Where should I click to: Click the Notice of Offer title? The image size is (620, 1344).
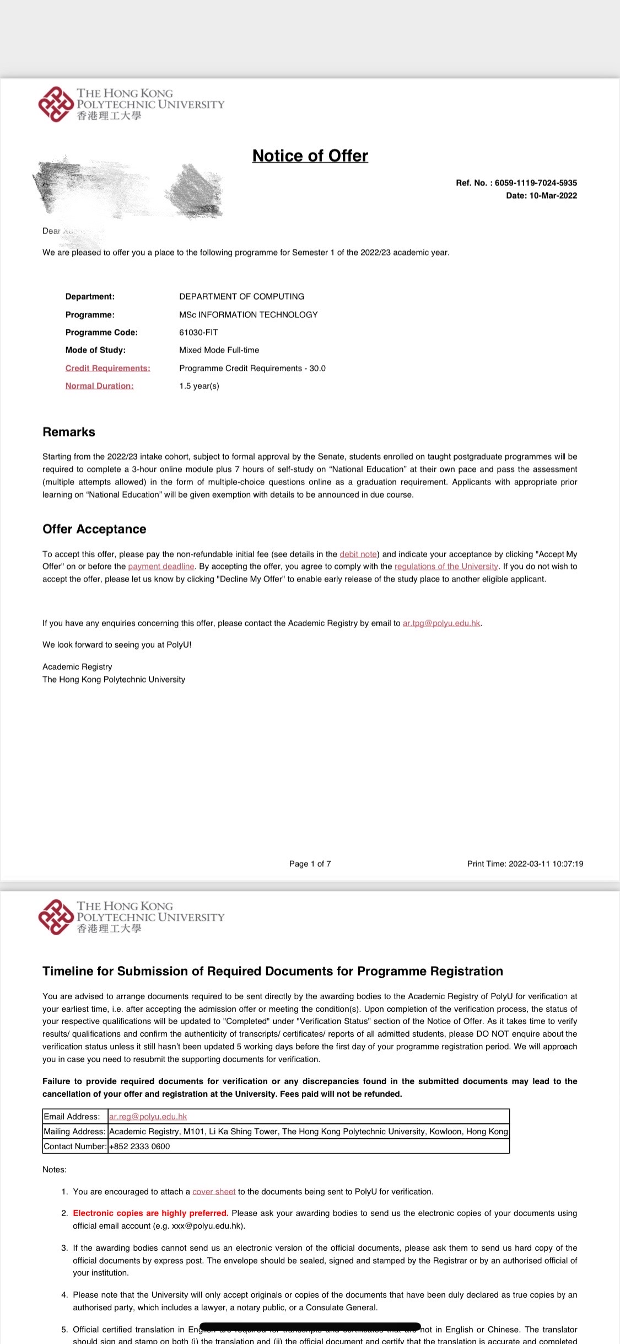[310, 156]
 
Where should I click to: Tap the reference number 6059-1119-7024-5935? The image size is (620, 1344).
[536, 183]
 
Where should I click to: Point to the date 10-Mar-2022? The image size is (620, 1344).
[553, 196]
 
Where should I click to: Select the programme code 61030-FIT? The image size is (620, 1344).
[198, 333]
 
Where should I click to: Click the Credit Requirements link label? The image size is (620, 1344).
[107, 369]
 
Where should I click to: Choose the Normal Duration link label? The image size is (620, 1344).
[99, 386]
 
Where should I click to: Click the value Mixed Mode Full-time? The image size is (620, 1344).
[219, 350]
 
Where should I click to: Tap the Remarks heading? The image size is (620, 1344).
[69, 433]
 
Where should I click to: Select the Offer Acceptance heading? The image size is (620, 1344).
[94, 530]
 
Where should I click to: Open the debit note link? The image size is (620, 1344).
[358, 554]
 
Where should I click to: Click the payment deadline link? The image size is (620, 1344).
[161, 567]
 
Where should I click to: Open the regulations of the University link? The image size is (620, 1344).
[446, 567]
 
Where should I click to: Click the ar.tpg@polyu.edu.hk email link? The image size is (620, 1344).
[441, 623]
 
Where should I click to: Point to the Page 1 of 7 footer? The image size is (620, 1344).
[310, 864]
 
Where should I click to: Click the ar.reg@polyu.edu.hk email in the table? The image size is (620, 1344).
[148, 1117]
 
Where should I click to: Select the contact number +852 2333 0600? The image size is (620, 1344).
[139, 1146]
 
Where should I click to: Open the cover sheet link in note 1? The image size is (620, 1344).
[214, 1192]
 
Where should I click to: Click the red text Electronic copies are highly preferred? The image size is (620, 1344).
[150, 1213]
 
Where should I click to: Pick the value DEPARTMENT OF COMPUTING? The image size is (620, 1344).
[241, 297]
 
